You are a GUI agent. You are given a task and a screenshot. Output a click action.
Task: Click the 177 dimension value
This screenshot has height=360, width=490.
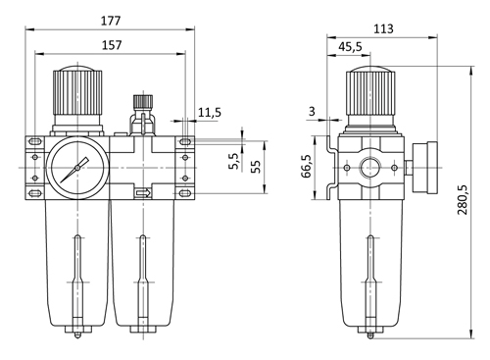point(111,21)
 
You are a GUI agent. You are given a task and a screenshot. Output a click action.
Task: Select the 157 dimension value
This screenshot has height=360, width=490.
point(112,45)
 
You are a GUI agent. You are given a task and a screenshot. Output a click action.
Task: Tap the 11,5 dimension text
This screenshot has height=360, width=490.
point(210,113)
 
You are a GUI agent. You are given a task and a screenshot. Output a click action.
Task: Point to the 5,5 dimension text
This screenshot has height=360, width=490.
point(234,161)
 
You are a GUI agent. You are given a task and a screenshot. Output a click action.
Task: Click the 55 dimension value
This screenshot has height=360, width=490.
point(257,167)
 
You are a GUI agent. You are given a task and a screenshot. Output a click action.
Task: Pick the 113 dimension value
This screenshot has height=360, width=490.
point(383,28)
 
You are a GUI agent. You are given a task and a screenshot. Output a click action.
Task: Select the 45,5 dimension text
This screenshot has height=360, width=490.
point(350,47)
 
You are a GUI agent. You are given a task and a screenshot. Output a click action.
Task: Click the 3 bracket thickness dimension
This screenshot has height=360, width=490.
point(312,112)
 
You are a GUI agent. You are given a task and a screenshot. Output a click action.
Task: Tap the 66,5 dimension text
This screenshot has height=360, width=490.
point(307,166)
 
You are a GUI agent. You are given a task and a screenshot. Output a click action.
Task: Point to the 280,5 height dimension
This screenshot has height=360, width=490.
point(463,200)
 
